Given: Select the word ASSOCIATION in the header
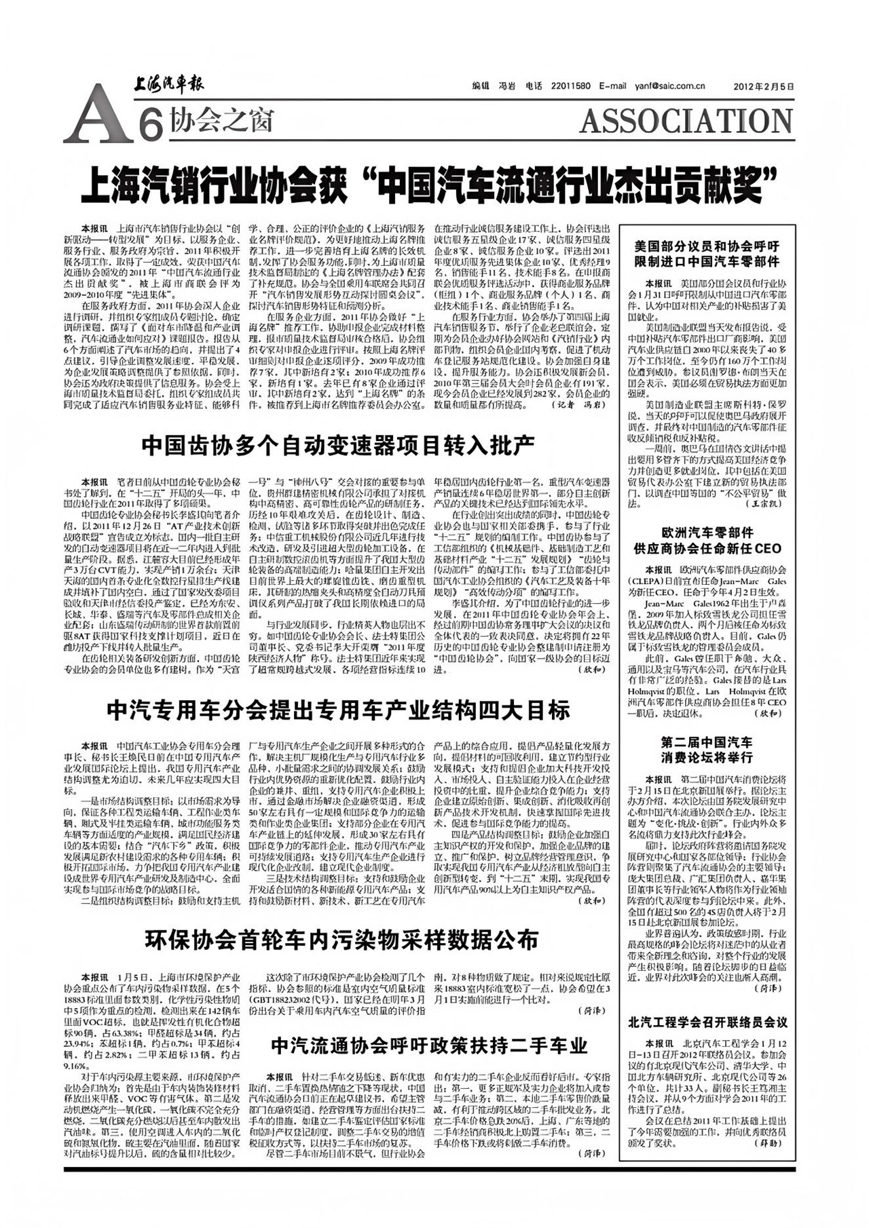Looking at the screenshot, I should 686,121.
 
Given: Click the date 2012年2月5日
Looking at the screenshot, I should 764,86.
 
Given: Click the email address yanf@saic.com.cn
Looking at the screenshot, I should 669,86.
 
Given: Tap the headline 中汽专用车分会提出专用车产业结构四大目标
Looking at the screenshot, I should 338,710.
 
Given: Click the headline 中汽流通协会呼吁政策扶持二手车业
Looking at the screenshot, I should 429,1045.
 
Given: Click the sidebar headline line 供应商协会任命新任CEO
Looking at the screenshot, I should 707,548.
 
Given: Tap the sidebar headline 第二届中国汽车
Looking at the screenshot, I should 707,742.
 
